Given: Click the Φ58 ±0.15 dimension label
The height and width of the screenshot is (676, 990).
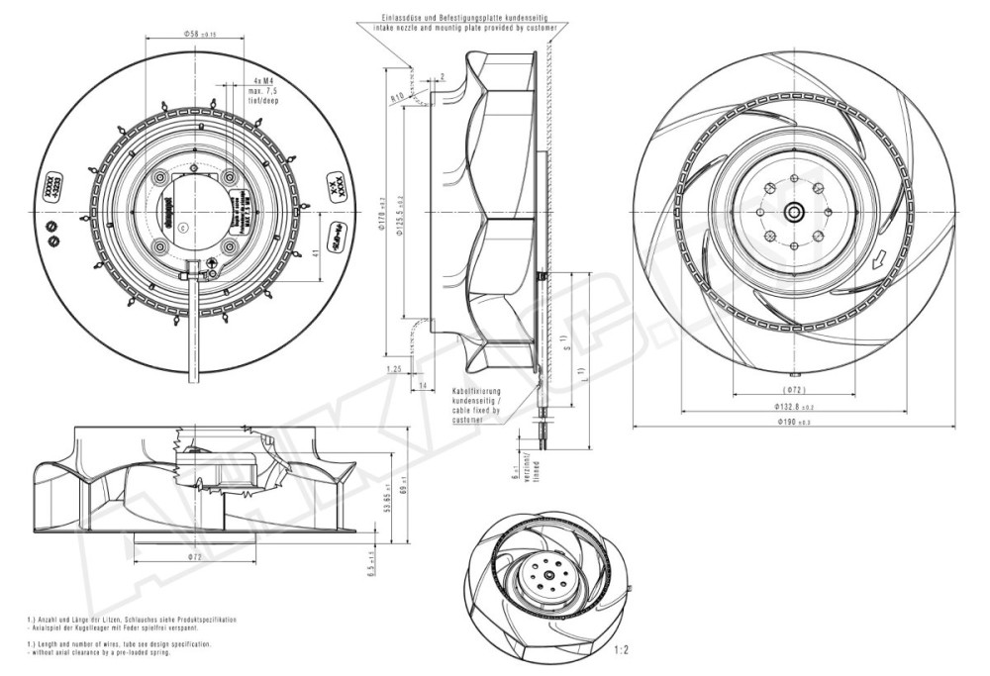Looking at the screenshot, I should [x=199, y=34].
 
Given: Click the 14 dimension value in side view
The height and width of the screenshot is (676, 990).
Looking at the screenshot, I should [x=422, y=384].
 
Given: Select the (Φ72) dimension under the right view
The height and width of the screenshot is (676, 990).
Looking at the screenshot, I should [x=796, y=390].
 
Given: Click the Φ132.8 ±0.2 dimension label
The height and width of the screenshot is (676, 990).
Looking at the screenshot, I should [x=795, y=407].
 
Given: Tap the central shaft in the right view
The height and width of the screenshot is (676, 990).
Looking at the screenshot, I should [x=794, y=211].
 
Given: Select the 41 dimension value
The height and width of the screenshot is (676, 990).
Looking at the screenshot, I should [x=316, y=254].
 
